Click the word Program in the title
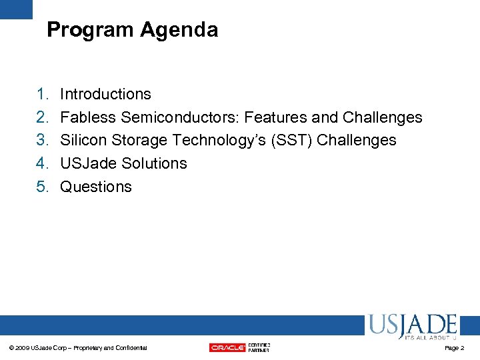click(91, 30)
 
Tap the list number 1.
click(42, 94)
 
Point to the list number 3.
click(42, 140)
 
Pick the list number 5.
click(42, 187)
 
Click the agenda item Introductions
click(105, 94)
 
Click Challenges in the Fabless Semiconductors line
click(382, 117)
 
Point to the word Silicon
click(82, 140)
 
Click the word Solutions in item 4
click(154, 163)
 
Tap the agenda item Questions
click(96, 187)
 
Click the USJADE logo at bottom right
click(411, 326)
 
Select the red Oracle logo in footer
click(227, 347)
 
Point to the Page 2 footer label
click(454, 348)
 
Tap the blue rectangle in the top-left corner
click(16, 9)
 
